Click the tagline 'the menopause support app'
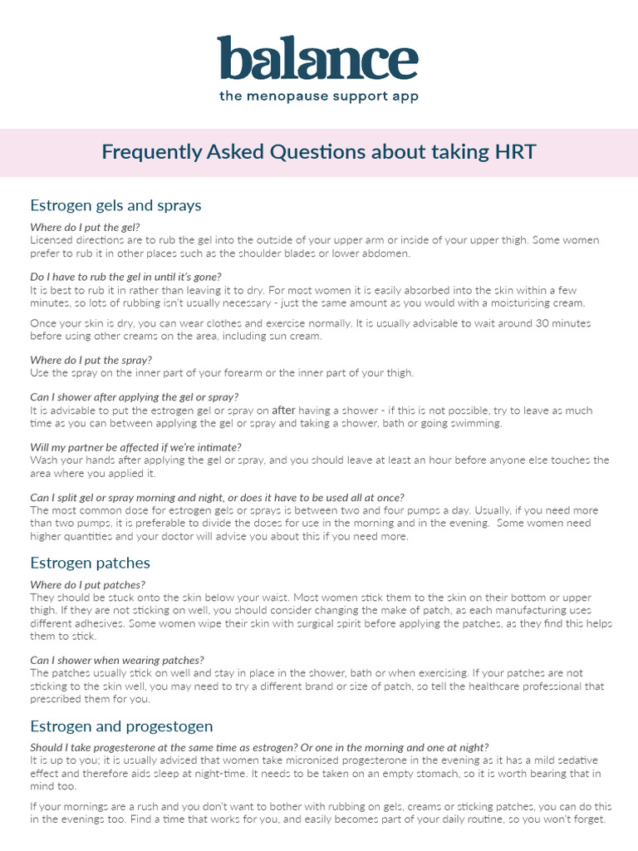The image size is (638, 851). point(318,96)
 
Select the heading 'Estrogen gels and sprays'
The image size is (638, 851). point(115,205)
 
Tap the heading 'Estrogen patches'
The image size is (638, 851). point(90,563)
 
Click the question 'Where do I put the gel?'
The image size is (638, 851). point(85,227)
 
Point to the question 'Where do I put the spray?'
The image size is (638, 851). point(91,360)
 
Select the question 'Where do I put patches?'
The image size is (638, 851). point(87,585)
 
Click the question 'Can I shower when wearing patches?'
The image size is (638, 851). point(117,660)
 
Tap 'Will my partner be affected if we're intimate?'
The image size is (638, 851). point(135,447)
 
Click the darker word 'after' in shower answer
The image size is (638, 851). point(284,411)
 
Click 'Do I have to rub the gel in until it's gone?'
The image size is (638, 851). point(125,277)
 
